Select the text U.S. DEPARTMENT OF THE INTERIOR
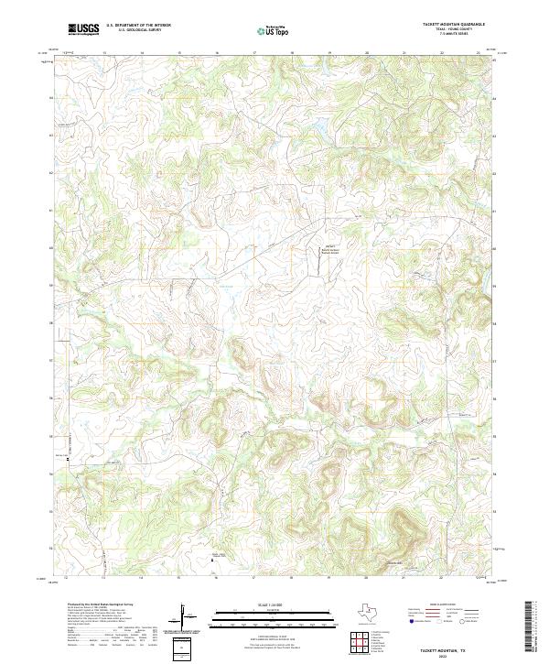click(x=137, y=26)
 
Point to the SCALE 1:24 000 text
click(x=271, y=604)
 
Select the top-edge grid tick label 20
click(x=366, y=53)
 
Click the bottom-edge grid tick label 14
click(x=140, y=579)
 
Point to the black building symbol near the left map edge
click(x=66, y=463)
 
